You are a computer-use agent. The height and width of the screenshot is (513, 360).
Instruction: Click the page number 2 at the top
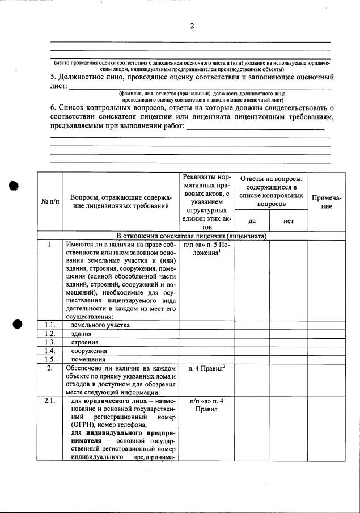point(192,26)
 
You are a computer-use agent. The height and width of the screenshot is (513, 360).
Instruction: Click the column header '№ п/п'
point(50,202)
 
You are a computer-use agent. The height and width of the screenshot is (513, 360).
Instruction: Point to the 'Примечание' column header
point(326,202)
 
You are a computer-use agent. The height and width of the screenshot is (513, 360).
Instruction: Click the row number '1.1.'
point(50,325)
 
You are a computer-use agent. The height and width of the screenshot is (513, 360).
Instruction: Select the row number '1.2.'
point(50,334)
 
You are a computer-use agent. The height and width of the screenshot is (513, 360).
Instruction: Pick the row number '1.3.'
point(50,342)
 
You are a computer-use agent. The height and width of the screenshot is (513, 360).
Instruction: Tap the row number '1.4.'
point(50,351)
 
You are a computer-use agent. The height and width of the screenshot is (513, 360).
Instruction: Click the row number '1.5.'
point(50,359)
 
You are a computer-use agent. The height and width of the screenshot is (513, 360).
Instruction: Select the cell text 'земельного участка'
point(100,325)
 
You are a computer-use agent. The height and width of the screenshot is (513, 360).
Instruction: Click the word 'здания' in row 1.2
point(81,334)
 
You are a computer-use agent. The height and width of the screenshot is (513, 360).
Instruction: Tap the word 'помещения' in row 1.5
point(88,359)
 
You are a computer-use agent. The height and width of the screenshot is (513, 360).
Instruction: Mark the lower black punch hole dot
point(17,324)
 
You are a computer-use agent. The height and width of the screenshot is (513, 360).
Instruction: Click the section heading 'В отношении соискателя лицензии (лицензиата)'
point(192,236)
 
